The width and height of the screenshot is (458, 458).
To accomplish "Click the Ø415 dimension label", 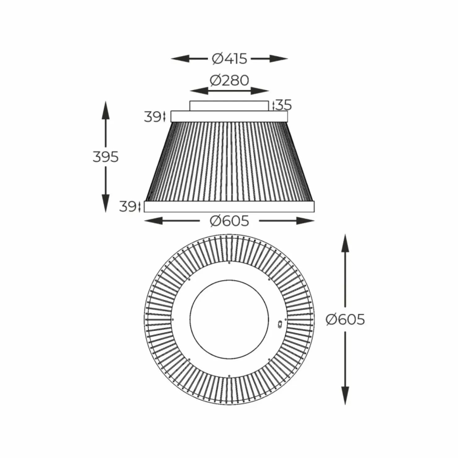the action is pos(229,58).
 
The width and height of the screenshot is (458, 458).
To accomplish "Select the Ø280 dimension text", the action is pos(229,80).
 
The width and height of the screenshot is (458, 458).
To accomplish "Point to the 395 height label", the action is pos(106,157).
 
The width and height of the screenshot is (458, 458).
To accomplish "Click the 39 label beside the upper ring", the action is pos(152,117).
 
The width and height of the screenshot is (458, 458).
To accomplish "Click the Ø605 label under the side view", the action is pos(229,221).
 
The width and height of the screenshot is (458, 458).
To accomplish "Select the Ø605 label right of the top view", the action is pos(345,319).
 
